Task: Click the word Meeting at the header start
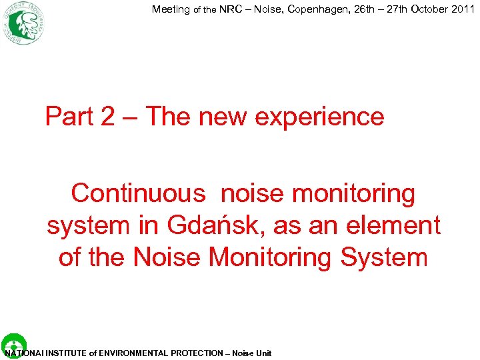pyautogui.click(x=171, y=9)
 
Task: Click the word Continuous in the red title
pyautogui.click(x=139, y=194)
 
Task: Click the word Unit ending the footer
pyautogui.click(x=263, y=353)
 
